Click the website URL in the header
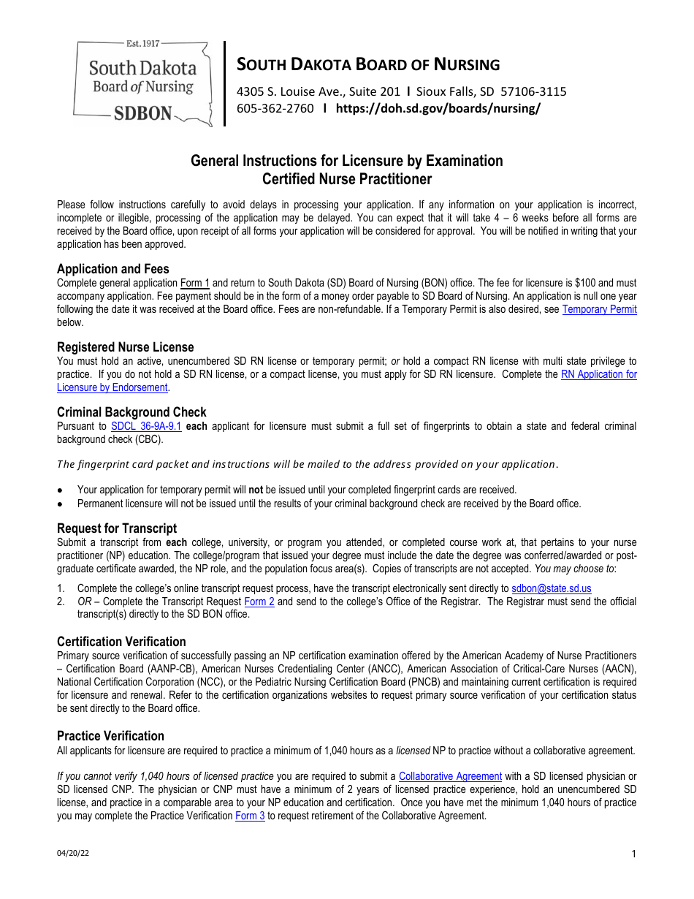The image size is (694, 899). pos(438,108)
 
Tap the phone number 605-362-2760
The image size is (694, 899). pos(275,108)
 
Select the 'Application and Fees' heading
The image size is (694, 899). pos(113,269)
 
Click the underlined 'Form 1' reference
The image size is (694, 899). pos(195,283)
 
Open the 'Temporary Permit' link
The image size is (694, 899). pos(599,309)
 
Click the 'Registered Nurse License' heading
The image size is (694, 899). pos(125,347)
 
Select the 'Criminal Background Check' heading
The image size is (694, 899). pos(131,412)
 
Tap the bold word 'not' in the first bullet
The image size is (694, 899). pos(256,490)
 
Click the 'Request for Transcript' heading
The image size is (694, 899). pos(117,528)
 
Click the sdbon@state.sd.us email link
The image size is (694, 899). pos(551,588)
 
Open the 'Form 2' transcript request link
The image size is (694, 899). pos(259,602)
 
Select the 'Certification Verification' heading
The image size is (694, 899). pos(121,642)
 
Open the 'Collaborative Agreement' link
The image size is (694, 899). pos(450,776)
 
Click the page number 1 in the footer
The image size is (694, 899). pos(633,854)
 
